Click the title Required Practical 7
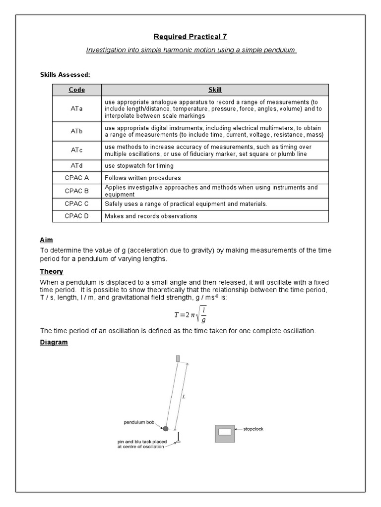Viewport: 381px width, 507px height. coord(191,37)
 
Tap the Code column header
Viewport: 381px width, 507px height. coord(76,90)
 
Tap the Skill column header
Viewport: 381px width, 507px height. coord(215,90)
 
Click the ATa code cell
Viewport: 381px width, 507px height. coord(76,108)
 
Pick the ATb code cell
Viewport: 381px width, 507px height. coord(76,131)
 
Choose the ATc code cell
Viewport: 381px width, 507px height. coord(76,150)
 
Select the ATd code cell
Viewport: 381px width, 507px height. coord(76,165)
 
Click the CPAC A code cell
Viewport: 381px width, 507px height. coord(76,178)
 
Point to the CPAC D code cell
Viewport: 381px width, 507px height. coord(76,216)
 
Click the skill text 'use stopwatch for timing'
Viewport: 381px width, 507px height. coord(139,165)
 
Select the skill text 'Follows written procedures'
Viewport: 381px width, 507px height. coord(142,178)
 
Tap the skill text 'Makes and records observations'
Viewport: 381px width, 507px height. coord(151,216)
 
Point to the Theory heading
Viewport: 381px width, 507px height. coord(52,271)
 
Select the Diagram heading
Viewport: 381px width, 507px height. coord(54,342)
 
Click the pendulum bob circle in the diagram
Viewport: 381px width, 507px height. coord(166,428)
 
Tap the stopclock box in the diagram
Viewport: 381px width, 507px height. coord(225,432)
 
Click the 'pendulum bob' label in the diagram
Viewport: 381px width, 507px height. coord(139,422)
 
